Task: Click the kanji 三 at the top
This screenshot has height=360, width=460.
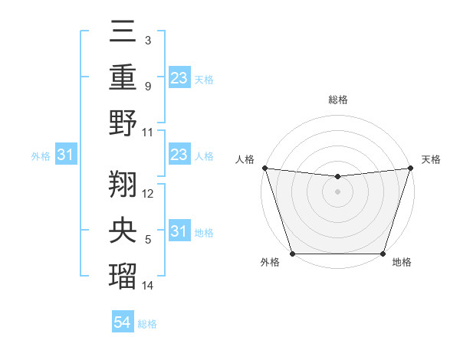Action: pyautogui.click(x=123, y=33)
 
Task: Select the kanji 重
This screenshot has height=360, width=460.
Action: pyautogui.click(x=123, y=77)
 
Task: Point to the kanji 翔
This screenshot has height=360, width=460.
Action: pyautogui.click(x=123, y=184)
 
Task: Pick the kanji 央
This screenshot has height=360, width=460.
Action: pyautogui.click(x=123, y=231)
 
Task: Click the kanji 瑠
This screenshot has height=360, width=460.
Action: pyautogui.click(x=123, y=277)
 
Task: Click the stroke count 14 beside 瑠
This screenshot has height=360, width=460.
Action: pyautogui.click(x=148, y=286)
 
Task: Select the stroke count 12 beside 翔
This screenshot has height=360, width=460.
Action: pyautogui.click(x=148, y=193)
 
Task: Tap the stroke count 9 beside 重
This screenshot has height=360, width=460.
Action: pyautogui.click(x=147, y=86)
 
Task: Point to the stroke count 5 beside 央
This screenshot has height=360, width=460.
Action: pyautogui.click(x=147, y=241)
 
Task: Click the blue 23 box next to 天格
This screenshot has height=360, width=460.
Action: pyautogui.click(x=179, y=77)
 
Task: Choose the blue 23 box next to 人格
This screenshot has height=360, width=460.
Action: pyautogui.click(x=179, y=155)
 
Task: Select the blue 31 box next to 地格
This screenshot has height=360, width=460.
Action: pyautogui.click(x=179, y=231)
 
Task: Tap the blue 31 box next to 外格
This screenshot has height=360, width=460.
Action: pyautogui.click(x=66, y=155)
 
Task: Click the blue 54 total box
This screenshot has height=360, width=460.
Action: pyautogui.click(x=123, y=322)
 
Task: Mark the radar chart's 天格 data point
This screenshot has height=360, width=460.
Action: pyautogui.click(x=410, y=168)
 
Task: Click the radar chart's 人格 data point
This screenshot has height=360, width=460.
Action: pyautogui.click(x=264, y=168)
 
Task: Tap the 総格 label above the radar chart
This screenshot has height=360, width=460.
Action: pyautogui.click(x=337, y=100)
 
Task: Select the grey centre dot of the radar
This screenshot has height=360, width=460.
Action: pyautogui.click(x=337, y=191)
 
